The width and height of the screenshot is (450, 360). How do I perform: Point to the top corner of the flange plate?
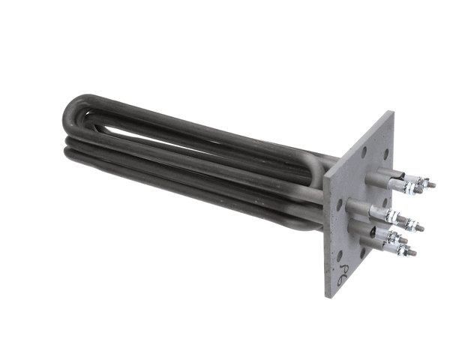pyautogui.click(x=391, y=112)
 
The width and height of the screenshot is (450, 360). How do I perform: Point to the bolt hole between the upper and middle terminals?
pyautogui.click(x=373, y=193)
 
